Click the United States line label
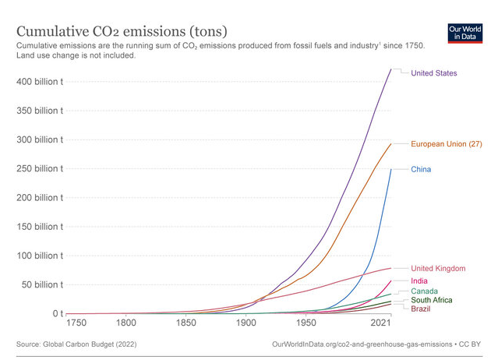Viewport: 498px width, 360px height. coord(433,73)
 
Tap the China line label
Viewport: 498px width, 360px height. coord(421,169)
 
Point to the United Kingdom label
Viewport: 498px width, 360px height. coord(437,269)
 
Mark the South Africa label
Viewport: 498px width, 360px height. coord(432,300)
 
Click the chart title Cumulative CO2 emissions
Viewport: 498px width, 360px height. coord(122,32)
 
